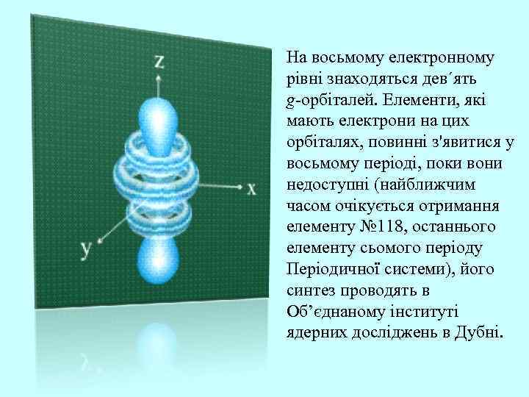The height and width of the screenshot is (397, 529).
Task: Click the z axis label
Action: click(x=159, y=61)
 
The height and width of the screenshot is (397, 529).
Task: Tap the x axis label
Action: click(x=251, y=189)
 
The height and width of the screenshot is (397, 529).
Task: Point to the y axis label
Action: click(x=86, y=248)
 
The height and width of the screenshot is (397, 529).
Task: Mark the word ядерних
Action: click(x=312, y=331)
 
